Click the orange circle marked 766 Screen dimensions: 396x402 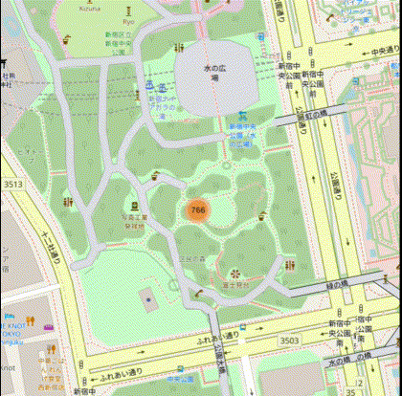(197, 209)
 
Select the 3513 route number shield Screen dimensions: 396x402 (12, 184)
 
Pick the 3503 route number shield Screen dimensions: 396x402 (289, 340)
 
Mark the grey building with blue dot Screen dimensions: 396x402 (148, 299)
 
